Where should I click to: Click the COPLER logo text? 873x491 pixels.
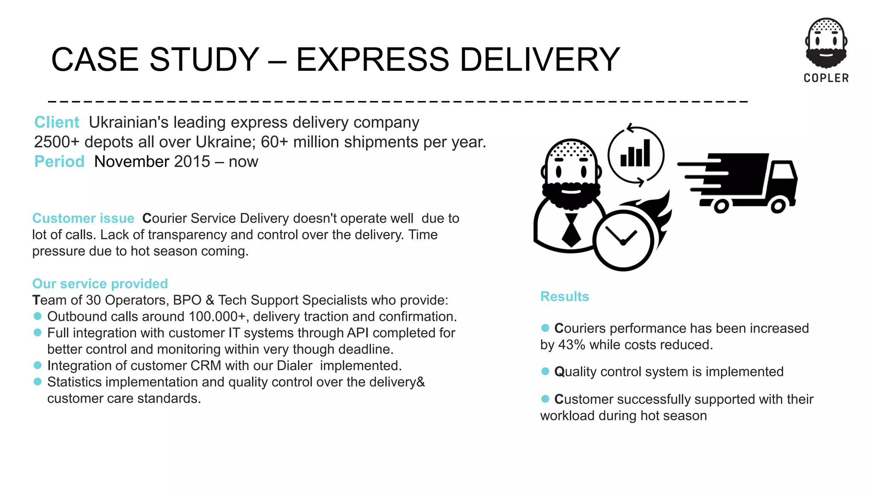tap(826, 78)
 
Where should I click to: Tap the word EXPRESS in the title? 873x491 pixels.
tap(372, 59)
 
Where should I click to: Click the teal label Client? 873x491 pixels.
tap(57, 122)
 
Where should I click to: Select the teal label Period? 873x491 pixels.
tap(59, 162)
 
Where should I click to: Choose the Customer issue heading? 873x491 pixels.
tap(83, 218)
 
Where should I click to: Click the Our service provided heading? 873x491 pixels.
tap(100, 283)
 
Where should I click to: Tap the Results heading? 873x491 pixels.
tap(564, 297)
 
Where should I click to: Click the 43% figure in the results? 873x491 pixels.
tap(572, 345)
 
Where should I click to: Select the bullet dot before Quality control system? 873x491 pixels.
tap(545, 371)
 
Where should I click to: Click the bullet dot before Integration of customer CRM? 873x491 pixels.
tap(38, 365)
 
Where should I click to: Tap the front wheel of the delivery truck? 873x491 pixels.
tap(778, 206)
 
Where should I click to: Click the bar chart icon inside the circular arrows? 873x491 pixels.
tap(635, 154)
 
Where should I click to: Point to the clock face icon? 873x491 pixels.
tap(623, 240)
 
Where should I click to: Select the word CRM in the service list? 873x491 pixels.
tap(206, 366)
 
